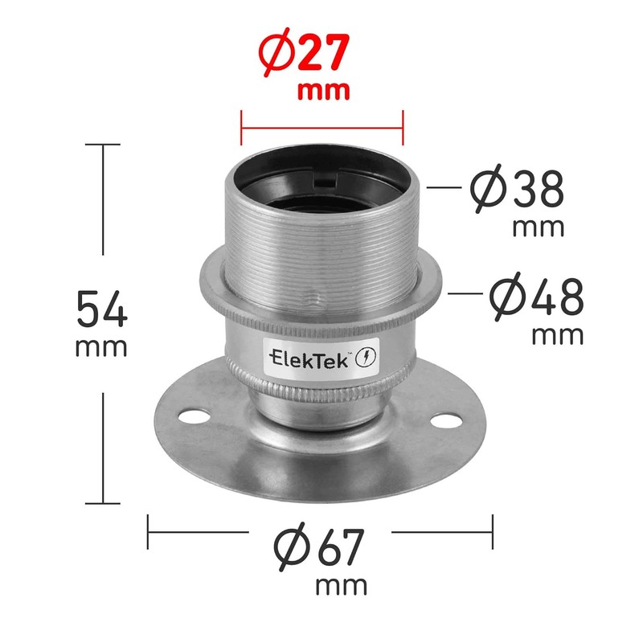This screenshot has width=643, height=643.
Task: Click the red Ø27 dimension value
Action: [304, 52]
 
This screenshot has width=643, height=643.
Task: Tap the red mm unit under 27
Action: [324, 92]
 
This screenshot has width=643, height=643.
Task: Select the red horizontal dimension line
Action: [322, 128]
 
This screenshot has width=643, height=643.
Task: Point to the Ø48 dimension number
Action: [536, 296]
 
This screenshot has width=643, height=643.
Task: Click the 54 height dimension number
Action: [102, 309]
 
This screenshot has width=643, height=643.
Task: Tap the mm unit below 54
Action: [101, 348]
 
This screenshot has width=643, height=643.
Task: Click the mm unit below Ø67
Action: [341, 587]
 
